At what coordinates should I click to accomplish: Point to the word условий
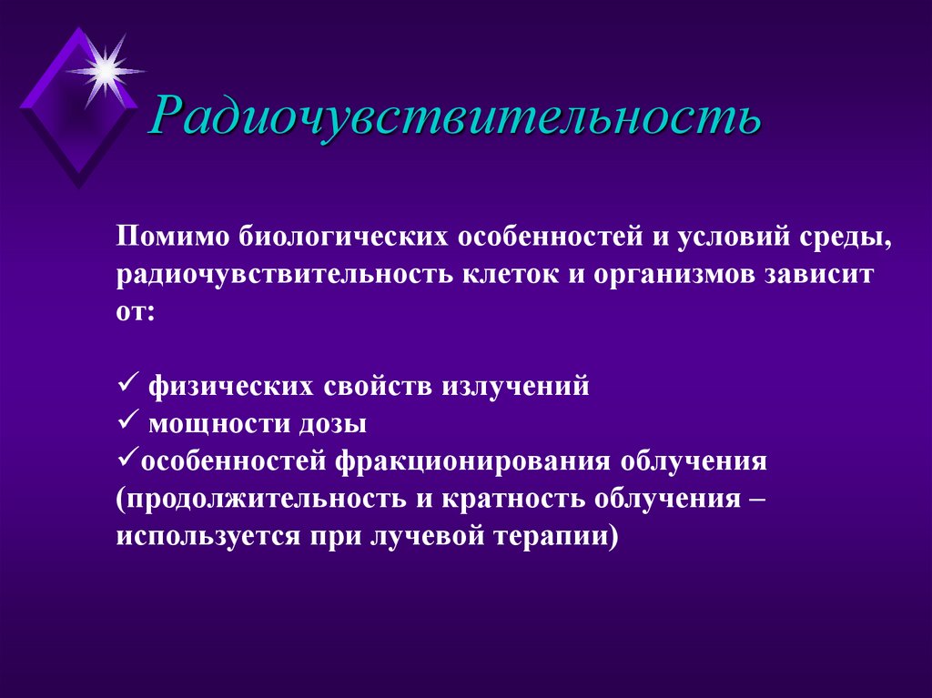point(703,237)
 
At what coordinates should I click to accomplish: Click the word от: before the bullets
point(136,311)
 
